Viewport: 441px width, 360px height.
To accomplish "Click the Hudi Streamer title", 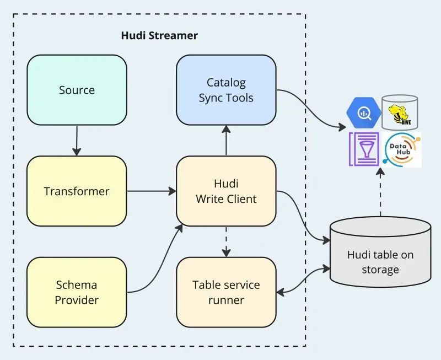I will (159, 36).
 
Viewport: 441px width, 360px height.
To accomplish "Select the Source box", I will (77, 90).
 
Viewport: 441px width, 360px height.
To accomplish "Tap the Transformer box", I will (77, 191).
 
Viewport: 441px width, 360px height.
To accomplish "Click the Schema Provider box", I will (77, 292).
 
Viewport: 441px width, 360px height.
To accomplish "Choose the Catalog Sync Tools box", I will (226, 90).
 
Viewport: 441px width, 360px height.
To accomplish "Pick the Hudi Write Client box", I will (226, 191).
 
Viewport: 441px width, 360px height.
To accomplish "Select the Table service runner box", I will (226, 292).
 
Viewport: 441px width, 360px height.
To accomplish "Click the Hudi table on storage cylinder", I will (380, 254).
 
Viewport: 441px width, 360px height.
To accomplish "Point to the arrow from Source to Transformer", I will (77, 141).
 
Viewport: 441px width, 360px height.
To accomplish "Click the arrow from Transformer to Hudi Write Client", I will (152, 191).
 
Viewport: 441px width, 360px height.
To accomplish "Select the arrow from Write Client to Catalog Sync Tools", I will (226, 141).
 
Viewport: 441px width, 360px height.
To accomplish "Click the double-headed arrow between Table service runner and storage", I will (303, 281).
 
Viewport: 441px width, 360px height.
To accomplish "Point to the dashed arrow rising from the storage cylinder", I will (380, 193).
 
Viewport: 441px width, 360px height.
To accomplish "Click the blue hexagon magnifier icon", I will (364, 112).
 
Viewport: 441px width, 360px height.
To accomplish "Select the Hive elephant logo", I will (400, 112).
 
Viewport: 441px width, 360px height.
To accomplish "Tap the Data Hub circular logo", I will (402, 150).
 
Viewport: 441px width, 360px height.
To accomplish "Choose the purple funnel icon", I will (363, 149).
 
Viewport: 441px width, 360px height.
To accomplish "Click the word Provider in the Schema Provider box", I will (77, 300).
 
